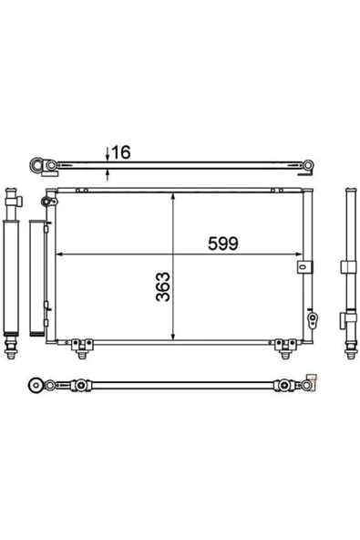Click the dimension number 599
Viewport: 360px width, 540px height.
click(x=222, y=244)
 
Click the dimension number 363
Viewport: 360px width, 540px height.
click(x=163, y=286)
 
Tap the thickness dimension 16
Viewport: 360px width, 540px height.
click(x=121, y=152)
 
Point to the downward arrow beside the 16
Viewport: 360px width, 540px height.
click(x=108, y=154)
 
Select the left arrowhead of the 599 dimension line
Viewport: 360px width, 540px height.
click(x=59, y=254)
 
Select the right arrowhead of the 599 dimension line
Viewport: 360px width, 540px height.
click(x=298, y=254)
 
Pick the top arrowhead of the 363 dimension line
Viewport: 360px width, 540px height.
click(x=173, y=196)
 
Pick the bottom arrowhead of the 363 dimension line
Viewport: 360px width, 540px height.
click(x=173, y=337)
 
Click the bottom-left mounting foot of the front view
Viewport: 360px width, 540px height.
click(x=82, y=348)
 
